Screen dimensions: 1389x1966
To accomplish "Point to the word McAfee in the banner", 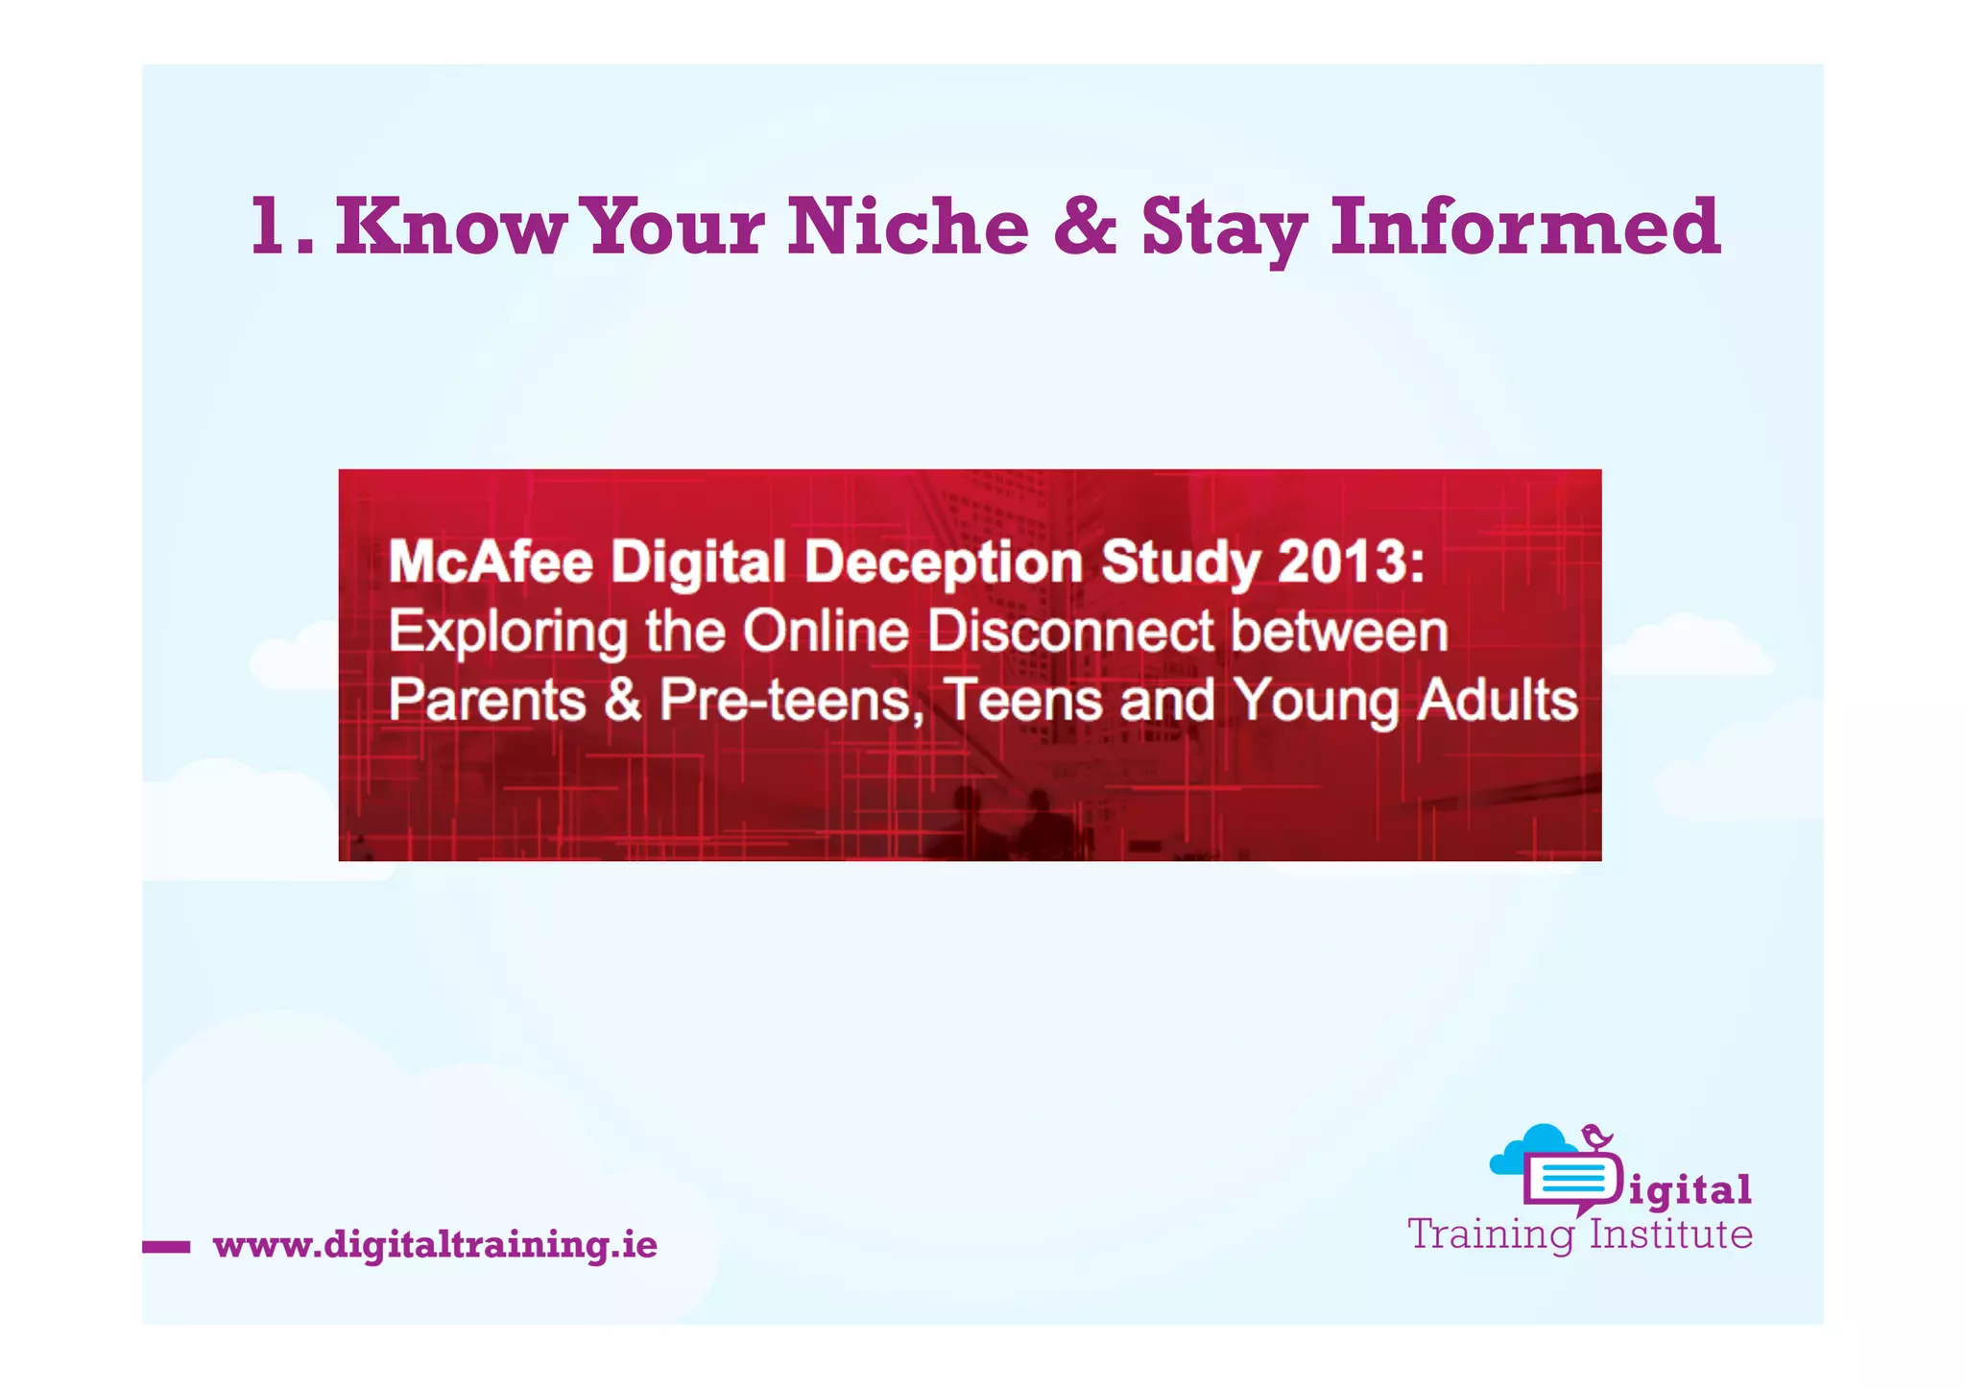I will pos(491,562).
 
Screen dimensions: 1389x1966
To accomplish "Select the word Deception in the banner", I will pos(944,563).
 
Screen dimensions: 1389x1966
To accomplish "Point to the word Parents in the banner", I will pos(487,700).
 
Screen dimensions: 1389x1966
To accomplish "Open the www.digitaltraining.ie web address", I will pos(435,1245).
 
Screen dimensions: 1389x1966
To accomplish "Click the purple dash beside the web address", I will pos(166,1247).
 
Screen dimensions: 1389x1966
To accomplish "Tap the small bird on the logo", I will pos(1596,1137).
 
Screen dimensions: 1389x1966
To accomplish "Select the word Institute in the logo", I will pos(1670,1234).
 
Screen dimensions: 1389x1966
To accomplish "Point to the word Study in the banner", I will pos(1180,563).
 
